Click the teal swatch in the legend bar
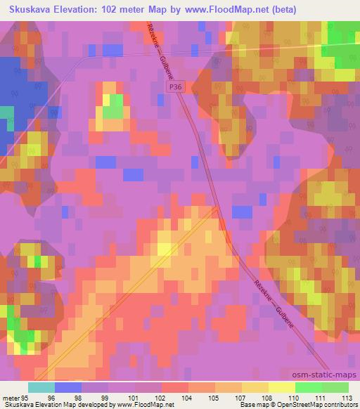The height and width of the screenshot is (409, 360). [41, 387]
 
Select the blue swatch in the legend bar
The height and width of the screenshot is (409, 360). [67, 387]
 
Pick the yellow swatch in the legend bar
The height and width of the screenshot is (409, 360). [282, 387]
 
